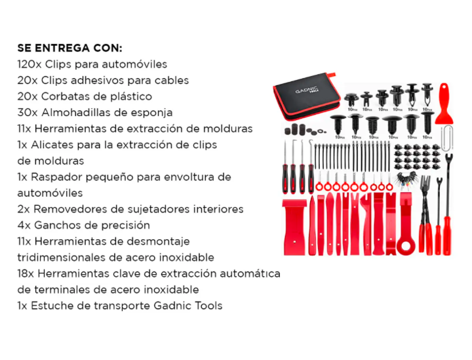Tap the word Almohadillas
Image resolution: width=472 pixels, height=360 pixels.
[x=79, y=112]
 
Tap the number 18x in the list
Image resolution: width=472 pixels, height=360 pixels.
[x=26, y=273]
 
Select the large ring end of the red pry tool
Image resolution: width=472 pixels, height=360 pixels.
[x=406, y=246]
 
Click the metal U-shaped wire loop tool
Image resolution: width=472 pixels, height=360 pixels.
[x=446, y=138]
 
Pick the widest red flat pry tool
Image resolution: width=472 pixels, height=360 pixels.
[x=294, y=226]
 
